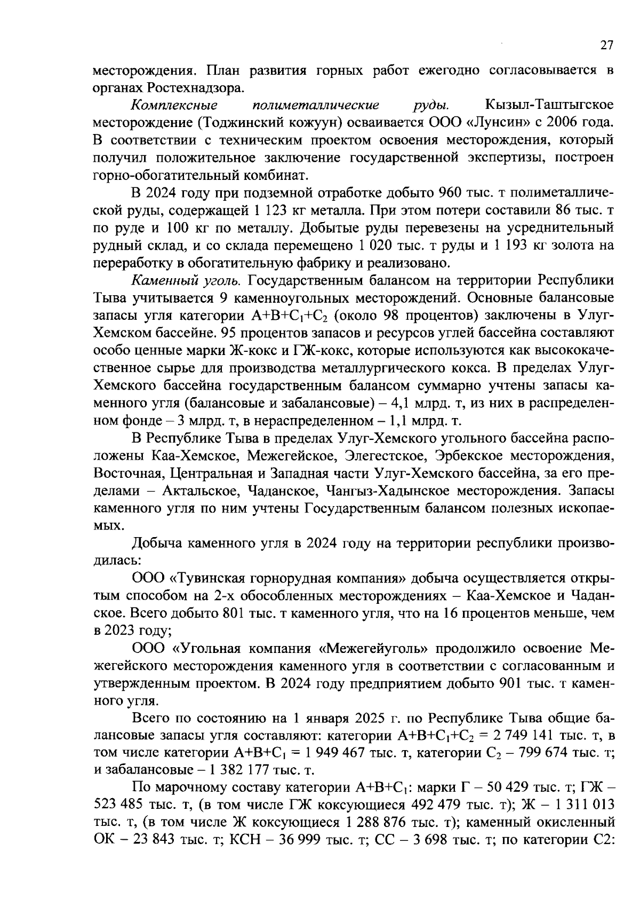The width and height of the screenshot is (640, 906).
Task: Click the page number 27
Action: [x=607, y=46]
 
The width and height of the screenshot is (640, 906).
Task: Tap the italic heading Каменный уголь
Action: [x=187, y=281]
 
